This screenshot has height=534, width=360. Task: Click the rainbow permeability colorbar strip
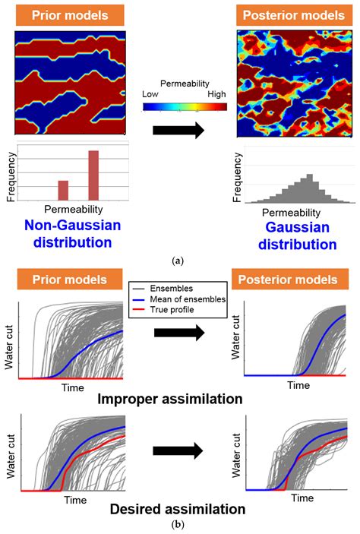(x=185, y=106)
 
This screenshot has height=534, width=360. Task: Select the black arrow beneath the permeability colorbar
(x=178, y=130)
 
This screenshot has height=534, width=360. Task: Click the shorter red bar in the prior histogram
(x=63, y=190)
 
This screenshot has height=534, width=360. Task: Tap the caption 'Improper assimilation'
(x=179, y=397)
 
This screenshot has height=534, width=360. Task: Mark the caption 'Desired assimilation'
(x=180, y=508)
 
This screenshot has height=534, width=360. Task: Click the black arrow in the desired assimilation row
(x=178, y=451)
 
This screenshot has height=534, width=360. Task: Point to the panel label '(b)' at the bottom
(x=178, y=525)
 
